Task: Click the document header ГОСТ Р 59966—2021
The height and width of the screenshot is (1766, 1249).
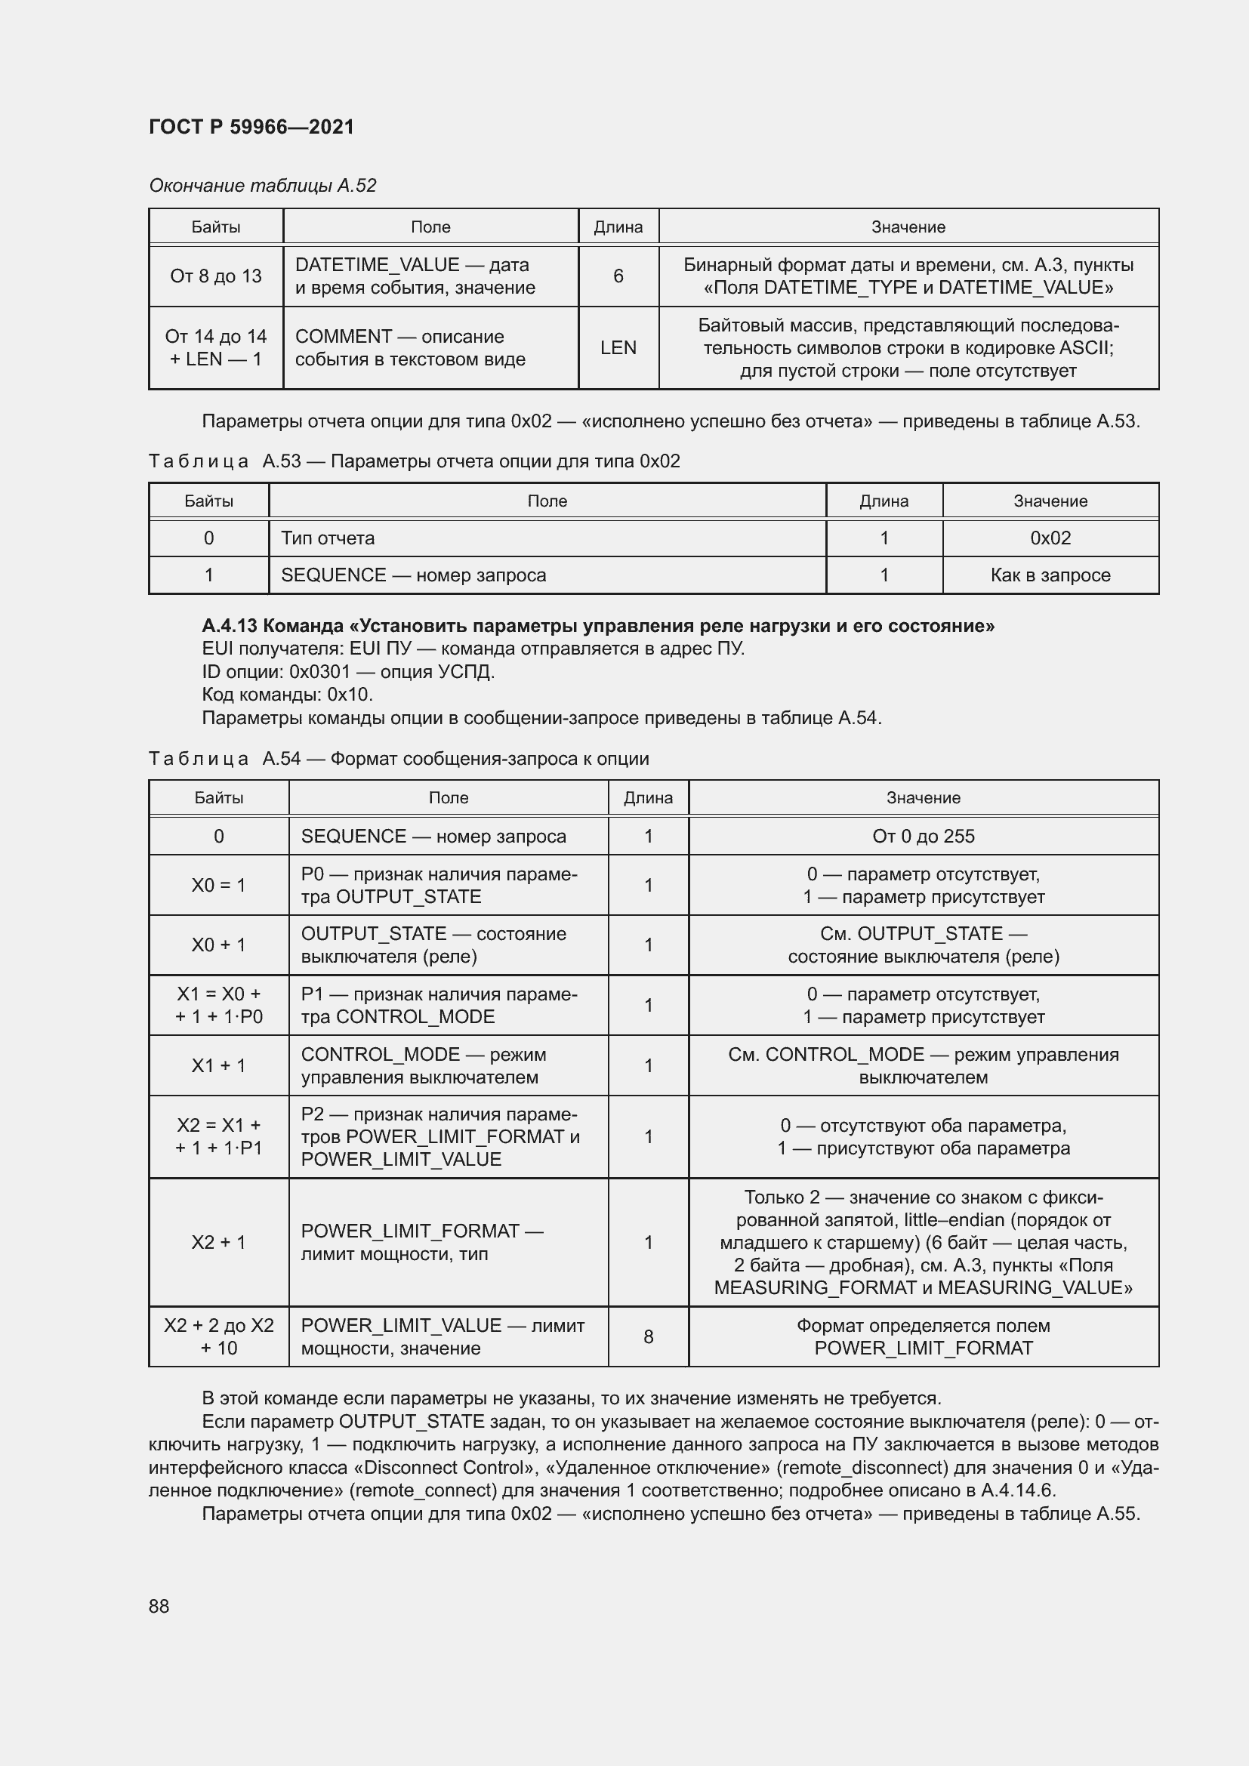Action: [x=251, y=127]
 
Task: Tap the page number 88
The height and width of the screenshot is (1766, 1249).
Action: [x=159, y=1606]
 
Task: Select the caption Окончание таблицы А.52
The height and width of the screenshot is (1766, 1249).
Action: [x=262, y=186]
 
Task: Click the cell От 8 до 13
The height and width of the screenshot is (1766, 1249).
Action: [x=215, y=276]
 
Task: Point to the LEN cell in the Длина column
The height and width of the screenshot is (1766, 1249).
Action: [x=618, y=347]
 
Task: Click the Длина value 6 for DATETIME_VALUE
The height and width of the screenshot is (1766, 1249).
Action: [x=618, y=276]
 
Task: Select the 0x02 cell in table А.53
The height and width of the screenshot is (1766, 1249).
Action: [x=1050, y=538]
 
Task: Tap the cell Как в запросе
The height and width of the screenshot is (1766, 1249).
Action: [x=1050, y=575]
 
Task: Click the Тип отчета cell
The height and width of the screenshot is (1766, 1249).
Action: [x=328, y=538]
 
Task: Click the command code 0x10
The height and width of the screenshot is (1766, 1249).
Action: [x=349, y=695]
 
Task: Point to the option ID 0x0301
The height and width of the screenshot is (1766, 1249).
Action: [x=319, y=671]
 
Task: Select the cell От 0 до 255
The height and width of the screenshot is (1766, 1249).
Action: [x=923, y=836]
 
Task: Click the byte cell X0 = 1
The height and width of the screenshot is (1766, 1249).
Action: [x=218, y=886]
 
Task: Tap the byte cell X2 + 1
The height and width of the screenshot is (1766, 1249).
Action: [x=218, y=1242]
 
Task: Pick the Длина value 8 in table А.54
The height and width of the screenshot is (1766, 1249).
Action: [x=648, y=1337]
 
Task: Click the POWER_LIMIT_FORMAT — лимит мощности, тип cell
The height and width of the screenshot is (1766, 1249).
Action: [x=421, y=1242]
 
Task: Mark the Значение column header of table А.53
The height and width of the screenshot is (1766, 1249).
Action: [x=1050, y=501]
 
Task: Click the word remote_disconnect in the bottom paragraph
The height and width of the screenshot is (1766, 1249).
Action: [x=862, y=1468]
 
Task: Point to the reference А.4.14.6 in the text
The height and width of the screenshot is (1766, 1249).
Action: [x=1016, y=1490]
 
